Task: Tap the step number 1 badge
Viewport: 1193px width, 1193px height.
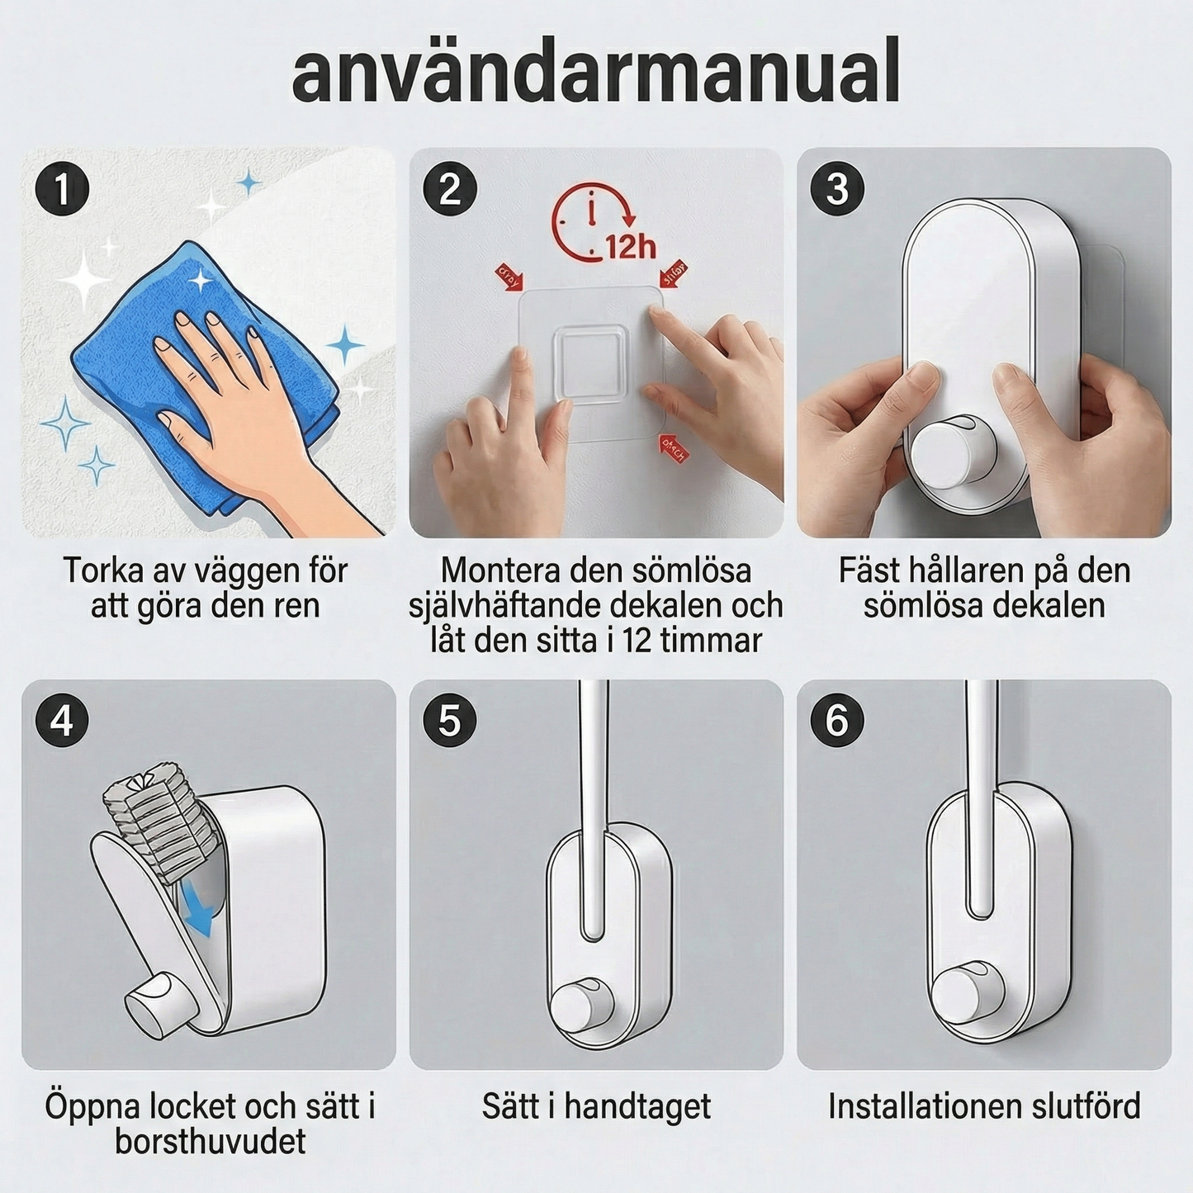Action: click(x=62, y=189)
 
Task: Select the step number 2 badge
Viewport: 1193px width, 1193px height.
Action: click(x=450, y=189)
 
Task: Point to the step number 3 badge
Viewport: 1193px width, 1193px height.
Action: click(x=836, y=189)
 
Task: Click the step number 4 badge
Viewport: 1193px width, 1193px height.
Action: click(x=62, y=721)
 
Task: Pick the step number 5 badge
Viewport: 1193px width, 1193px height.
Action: click(x=450, y=721)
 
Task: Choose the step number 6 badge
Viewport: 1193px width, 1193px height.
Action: click(x=836, y=721)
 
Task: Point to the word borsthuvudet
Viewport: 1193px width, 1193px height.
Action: click(x=210, y=1142)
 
